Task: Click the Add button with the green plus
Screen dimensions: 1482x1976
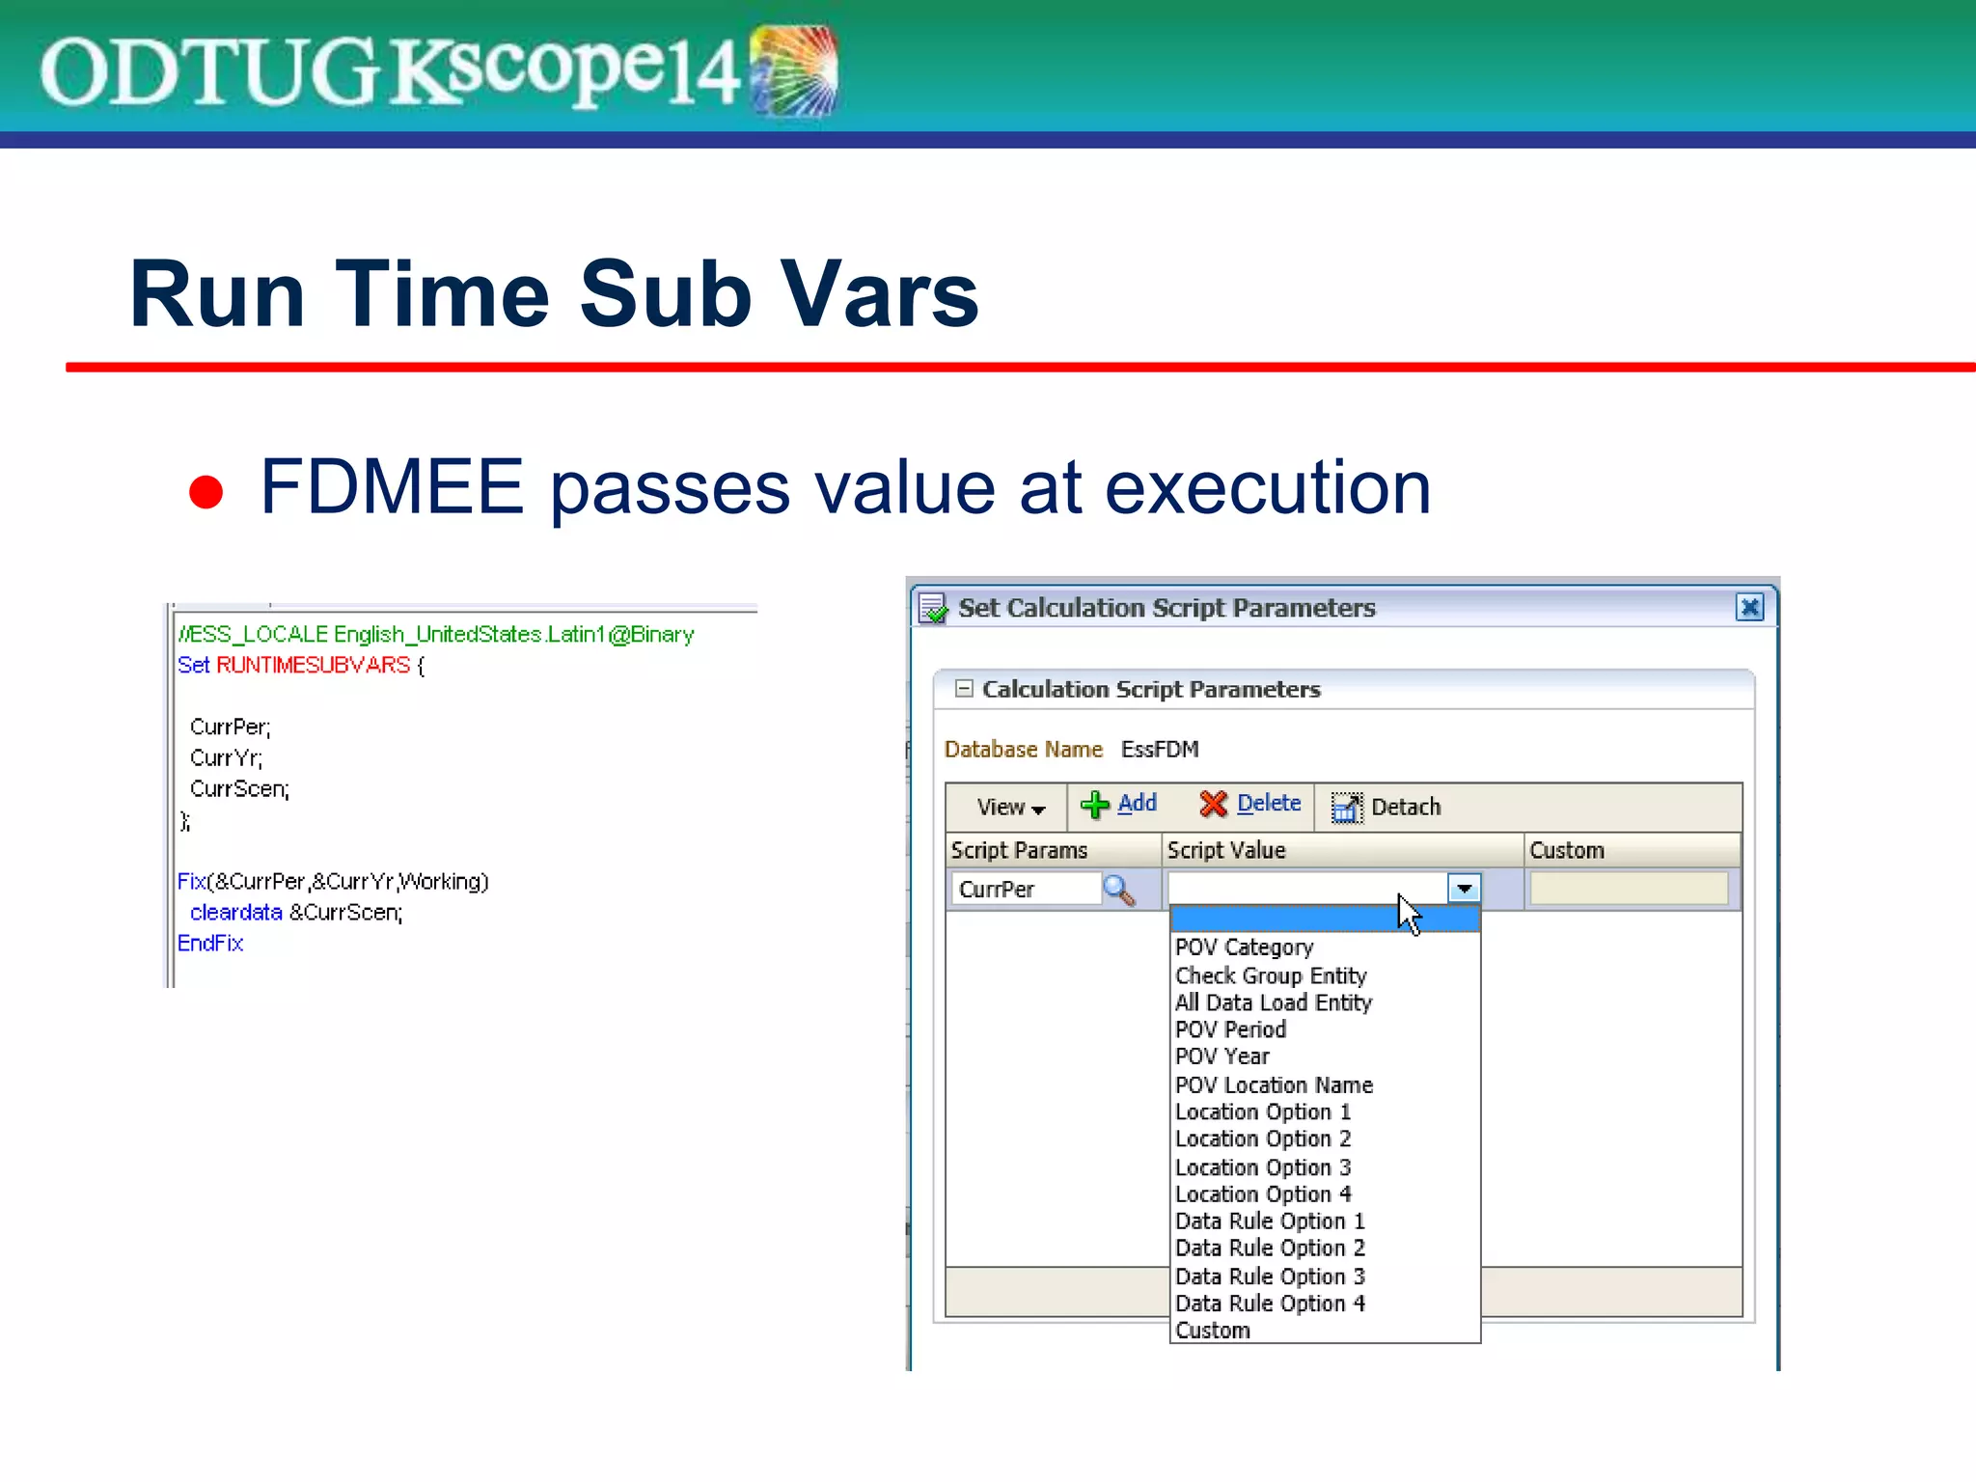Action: click(x=1119, y=805)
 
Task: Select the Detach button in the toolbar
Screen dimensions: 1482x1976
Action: click(x=1386, y=807)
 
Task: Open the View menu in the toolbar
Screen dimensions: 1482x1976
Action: click(x=1009, y=807)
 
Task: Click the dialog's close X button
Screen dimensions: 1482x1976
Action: click(x=1748, y=607)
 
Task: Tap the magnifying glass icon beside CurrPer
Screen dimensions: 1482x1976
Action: click(x=1118, y=890)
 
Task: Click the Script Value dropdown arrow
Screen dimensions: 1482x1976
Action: click(x=1464, y=889)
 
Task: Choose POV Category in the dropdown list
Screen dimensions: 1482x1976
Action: click(x=1244, y=947)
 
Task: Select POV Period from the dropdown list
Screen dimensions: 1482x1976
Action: click(x=1230, y=1029)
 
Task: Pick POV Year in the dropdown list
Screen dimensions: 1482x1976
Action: click(x=1221, y=1057)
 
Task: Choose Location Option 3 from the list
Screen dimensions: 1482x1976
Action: click(x=1262, y=1167)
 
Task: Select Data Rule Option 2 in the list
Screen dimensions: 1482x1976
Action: click(x=1269, y=1249)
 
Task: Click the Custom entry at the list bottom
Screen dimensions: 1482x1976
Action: click(x=1212, y=1331)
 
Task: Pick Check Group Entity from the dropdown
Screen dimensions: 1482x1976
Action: click(x=1270, y=975)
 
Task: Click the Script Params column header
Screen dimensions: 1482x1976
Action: click(x=1019, y=850)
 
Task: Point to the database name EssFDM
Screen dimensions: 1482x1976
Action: click(x=1159, y=750)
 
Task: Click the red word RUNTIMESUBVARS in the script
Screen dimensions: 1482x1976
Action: click(x=313, y=665)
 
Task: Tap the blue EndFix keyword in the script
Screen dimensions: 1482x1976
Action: click(x=210, y=943)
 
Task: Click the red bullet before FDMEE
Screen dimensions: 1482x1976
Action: click(x=206, y=491)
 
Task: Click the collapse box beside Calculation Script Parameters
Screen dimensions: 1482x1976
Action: click(x=963, y=689)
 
